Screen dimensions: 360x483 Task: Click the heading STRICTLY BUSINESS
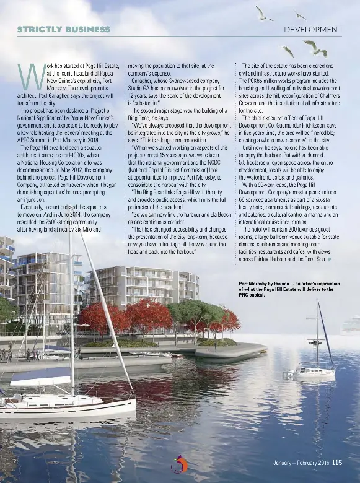point(63,29)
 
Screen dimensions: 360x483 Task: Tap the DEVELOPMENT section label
point(312,29)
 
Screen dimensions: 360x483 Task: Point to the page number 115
point(336,462)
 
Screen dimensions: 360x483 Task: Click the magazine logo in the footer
point(180,463)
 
